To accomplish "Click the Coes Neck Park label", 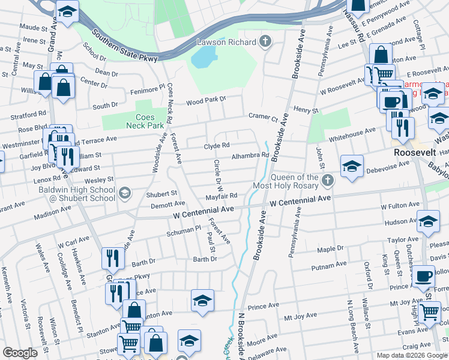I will [137, 121].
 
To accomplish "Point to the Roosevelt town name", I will [414, 153].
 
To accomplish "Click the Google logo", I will [20, 353].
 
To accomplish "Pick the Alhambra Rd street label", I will [250, 155].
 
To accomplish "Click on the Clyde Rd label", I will [217, 146].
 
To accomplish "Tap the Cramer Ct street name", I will [264, 119].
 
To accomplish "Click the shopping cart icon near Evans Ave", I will [429, 311].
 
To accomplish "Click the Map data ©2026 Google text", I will [411, 355].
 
